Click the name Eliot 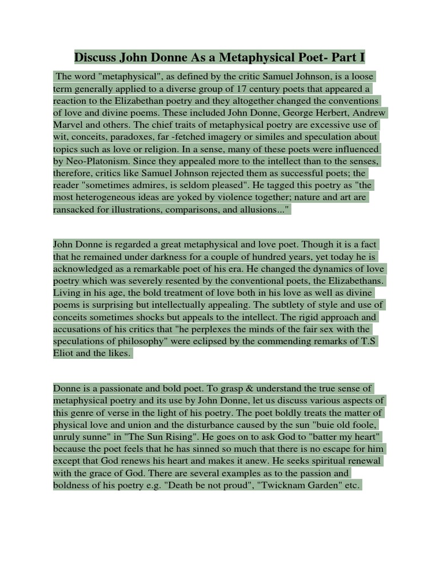pyautogui.click(x=65, y=353)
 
